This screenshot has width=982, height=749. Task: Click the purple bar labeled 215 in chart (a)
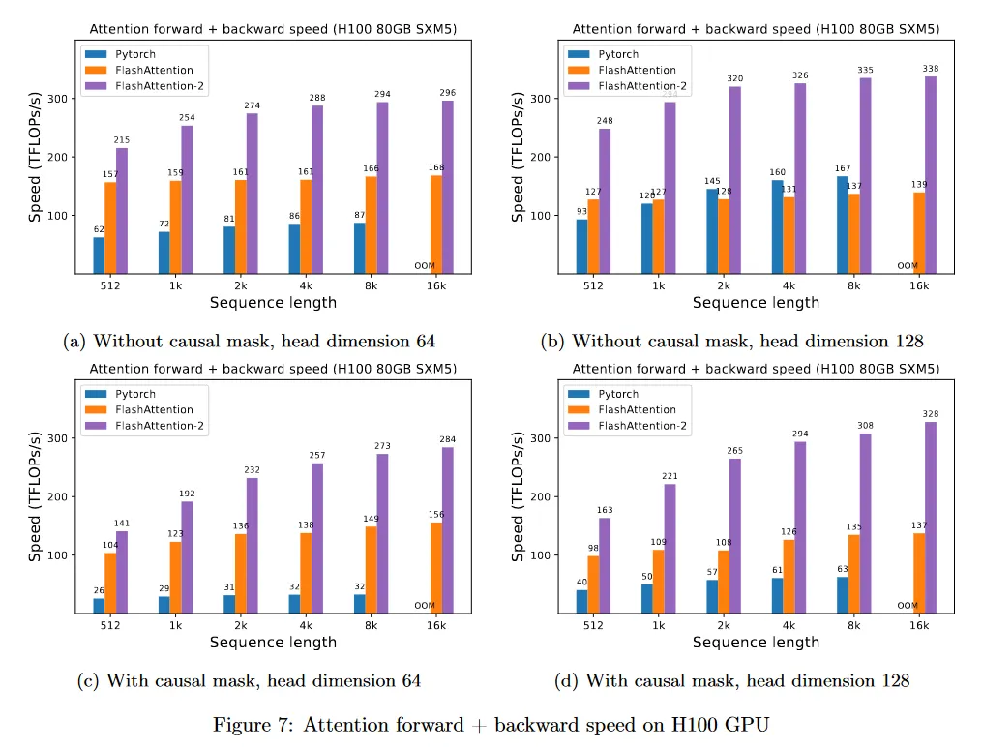[122, 210]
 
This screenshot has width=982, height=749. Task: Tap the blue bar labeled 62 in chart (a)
[99, 255]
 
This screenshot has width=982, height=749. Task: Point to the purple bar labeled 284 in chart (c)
[448, 529]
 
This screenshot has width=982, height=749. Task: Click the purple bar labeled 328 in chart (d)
[931, 517]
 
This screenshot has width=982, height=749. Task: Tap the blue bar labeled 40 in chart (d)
[581, 601]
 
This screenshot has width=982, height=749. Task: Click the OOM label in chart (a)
[425, 266]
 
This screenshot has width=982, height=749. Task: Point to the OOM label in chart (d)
[908, 606]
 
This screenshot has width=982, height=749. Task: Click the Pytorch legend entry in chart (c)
[132, 394]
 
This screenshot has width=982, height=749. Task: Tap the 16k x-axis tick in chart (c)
[436, 625]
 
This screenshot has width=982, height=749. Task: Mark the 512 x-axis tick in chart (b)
[593, 286]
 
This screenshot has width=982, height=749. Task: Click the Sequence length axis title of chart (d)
[756, 642]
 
